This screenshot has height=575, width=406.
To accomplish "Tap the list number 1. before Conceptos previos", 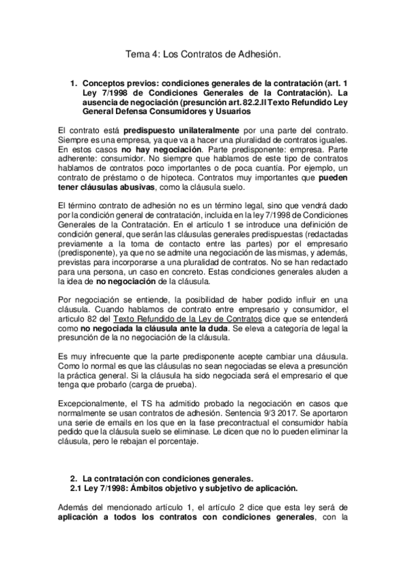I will [x=75, y=83].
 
